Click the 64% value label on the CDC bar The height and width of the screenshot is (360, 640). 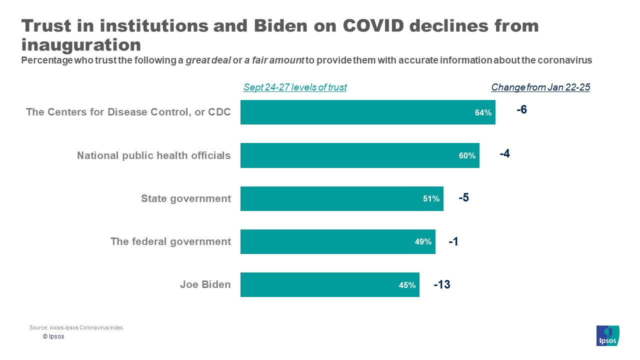pos(483,113)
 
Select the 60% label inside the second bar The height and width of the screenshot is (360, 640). pos(467,156)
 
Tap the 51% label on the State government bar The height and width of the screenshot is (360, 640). pos(431,199)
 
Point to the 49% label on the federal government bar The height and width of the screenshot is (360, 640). pos(423,242)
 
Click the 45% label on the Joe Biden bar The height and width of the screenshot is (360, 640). pos(407,285)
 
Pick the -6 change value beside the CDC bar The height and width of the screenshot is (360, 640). pos(521,110)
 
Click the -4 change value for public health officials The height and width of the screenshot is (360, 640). pos(504,154)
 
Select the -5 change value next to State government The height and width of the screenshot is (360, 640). pos(463,197)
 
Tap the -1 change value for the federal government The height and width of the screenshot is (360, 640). pos(453,241)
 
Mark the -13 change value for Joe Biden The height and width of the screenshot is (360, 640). pos(441,285)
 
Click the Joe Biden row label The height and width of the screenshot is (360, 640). pos(205,285)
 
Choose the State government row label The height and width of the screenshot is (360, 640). pos(186,198)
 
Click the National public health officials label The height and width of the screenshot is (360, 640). pos(154,155)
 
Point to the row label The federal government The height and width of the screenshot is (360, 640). pos(170,242)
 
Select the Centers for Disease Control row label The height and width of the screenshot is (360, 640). pos(128,112)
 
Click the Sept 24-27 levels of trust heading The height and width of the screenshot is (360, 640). pos(294,87)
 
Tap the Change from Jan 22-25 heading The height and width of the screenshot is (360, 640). pos(540,87)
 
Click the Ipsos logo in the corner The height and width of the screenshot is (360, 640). pos(607,335)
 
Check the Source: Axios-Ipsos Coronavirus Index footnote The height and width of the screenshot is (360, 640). pos(76,327)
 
